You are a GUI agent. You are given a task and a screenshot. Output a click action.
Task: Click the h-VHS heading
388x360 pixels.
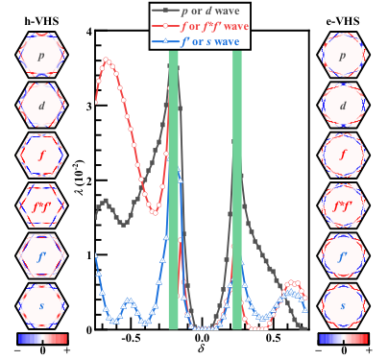point(42,21)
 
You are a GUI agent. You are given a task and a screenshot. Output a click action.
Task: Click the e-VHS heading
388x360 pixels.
point(343,21)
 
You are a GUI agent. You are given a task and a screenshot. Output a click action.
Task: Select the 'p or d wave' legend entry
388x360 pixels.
point(196,12)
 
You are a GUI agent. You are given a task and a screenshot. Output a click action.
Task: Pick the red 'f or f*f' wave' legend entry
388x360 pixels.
point(200,26)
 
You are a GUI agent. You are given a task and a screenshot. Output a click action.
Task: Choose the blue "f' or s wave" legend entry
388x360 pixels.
point(196,41)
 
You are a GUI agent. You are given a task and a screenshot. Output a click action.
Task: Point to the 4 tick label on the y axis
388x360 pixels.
point(89,32)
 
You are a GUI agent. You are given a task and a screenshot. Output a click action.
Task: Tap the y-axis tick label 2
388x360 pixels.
point(89,180)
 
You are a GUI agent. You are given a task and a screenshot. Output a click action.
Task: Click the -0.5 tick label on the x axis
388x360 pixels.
point(131,338)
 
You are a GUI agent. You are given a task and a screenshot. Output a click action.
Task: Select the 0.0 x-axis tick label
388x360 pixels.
point(202,338)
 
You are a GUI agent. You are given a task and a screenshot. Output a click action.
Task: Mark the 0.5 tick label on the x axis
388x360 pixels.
point(273,338)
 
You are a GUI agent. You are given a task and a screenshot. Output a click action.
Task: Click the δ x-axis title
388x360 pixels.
point(201,348)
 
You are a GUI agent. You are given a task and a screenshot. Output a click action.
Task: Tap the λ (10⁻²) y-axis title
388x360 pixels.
point(83,177)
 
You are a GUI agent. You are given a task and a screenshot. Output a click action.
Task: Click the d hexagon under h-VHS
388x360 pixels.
point(41,105)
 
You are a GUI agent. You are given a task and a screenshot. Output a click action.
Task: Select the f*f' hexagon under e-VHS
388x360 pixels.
point(343,205)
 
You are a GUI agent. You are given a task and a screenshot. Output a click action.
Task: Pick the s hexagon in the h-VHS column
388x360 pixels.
point(41,305)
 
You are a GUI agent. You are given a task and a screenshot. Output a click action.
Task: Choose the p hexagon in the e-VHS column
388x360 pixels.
point(343,55)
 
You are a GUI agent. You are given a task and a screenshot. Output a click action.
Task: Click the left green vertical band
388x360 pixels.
point(174,190)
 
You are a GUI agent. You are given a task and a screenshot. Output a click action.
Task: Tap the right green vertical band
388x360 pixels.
point(237,190)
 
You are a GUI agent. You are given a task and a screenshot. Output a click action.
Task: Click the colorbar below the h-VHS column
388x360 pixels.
point(42,339)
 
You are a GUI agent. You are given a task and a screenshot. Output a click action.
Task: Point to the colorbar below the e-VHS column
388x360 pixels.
point(344,339)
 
